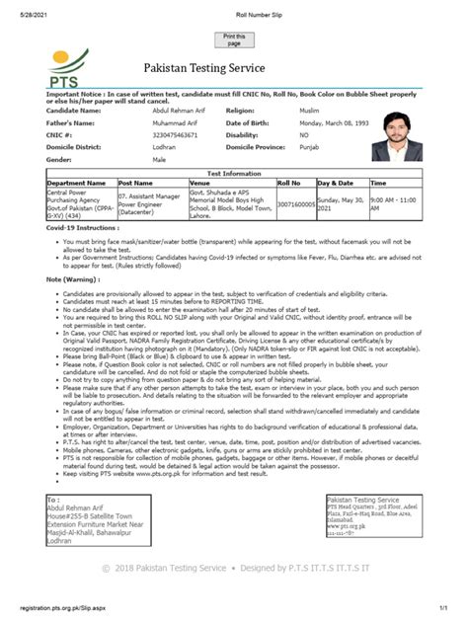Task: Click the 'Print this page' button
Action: [x=234, y=39]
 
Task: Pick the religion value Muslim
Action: [x=310, y=111]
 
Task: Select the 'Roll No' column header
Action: [x=288, y=183]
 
